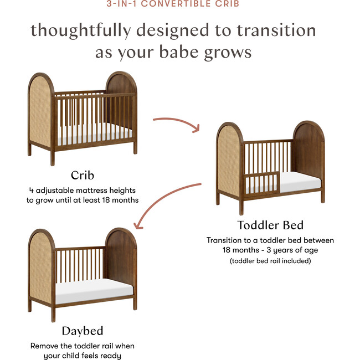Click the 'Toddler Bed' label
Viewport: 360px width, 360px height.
(270, 225)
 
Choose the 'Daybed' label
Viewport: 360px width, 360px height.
(82, 331)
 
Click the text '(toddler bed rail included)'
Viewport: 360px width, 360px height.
(270, 260)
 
